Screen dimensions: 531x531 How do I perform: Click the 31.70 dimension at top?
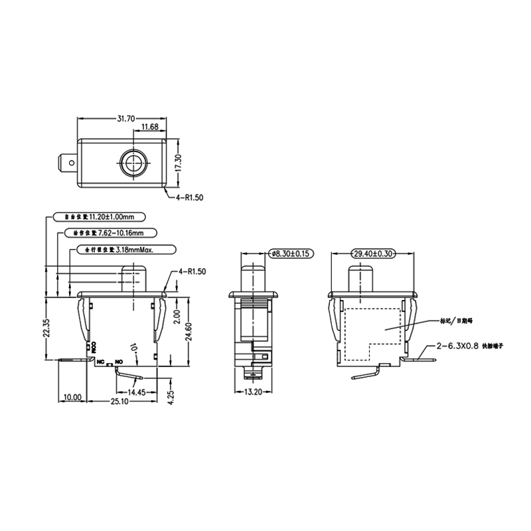127,119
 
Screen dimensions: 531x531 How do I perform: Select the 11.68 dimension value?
149,127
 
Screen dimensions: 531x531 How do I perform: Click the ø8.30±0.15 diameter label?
291,254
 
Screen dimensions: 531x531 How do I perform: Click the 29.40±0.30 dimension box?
374,254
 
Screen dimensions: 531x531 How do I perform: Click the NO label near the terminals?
119,362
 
